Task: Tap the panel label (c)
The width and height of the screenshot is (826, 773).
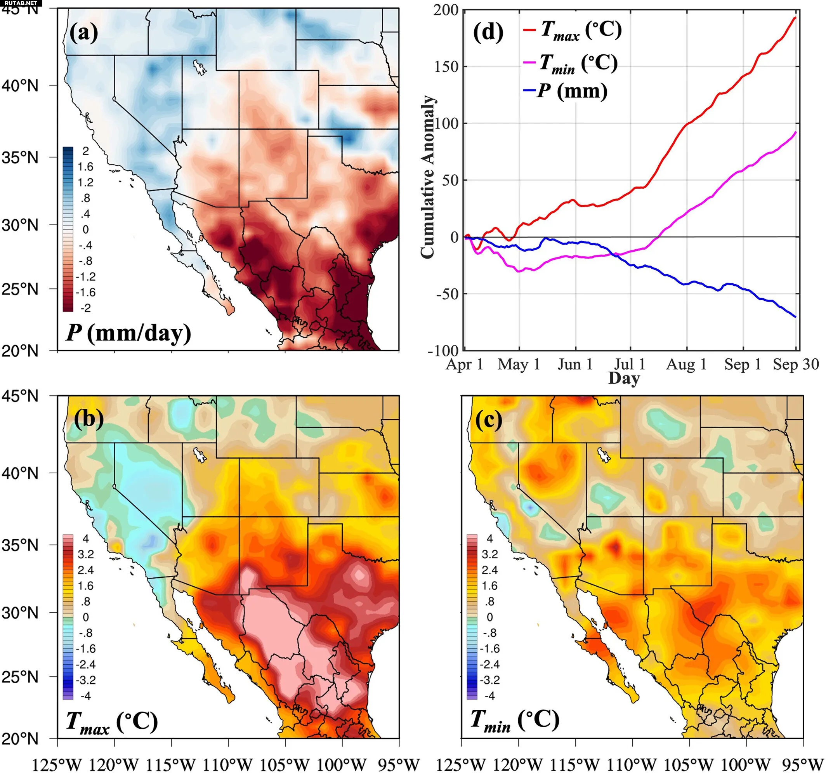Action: point(489,420)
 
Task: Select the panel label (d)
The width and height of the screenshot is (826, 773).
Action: point(488,32)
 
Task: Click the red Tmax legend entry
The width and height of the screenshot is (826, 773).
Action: point(573,30)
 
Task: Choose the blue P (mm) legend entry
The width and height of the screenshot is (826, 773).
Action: point(566,91)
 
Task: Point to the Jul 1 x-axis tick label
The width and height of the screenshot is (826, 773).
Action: point(630,365)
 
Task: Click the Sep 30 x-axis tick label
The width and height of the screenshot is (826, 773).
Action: point(796,365)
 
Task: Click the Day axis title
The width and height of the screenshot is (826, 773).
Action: point(624,378)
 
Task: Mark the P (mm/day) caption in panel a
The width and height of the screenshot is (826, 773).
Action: point(128,333)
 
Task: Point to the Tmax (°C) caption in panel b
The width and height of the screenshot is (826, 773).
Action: point(112,721)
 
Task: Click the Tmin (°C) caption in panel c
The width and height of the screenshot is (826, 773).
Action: point(515,719)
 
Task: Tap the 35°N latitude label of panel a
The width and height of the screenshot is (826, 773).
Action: point(19,158)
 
